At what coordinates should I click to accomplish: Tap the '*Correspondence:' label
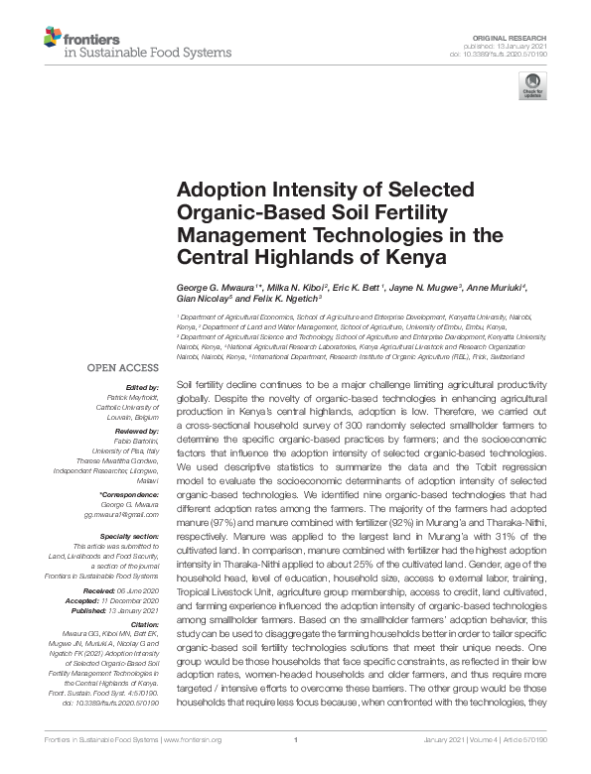(133, 495)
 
